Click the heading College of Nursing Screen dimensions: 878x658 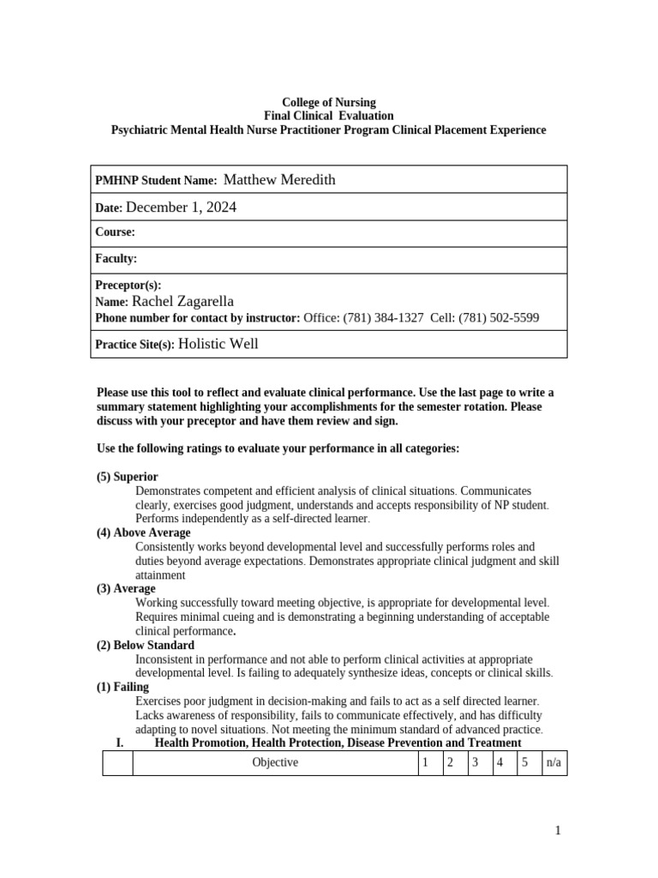click(x=329, y=102)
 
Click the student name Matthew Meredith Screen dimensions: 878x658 click(x=278, y=180)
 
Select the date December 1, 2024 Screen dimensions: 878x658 click(x=181, y=207)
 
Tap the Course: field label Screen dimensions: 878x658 click(x=115, y=232)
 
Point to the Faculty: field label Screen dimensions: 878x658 click(x=116, y=259)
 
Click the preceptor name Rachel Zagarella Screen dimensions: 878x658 click(x=182, y=302)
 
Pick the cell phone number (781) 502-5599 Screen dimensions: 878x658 click(x=499, y=317)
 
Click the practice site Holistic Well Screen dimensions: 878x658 click(x=218, y=344)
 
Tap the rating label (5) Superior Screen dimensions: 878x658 click(x=127, y=477)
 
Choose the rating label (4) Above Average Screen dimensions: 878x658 click(x=143, y=532)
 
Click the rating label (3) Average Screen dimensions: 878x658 click(x=126, y=589)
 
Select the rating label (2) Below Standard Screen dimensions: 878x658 click(x=145, y=645)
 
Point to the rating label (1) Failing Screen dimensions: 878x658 click(x=123, y=687)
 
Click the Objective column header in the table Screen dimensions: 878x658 click(x=275, y=762)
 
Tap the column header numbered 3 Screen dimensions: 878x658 click(x=474, y=762)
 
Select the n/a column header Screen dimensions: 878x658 click(x=553, y=762)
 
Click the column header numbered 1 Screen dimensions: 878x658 click(x=425, y=762)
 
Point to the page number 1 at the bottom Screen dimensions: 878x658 click(x=557, y=830)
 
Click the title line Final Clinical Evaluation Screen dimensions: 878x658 click(x=329, y=116)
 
